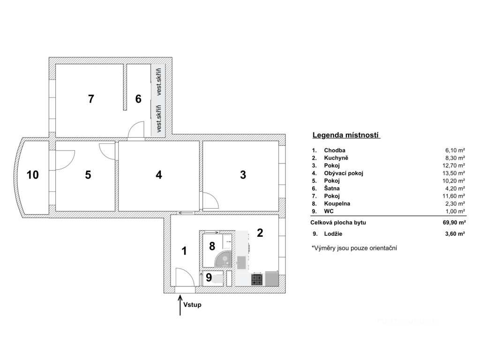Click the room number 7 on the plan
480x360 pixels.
[91, 99]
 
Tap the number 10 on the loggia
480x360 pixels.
[33, 175]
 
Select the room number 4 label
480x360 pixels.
[158, 175]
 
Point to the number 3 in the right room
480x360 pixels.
[243, 175]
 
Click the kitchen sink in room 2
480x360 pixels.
[241, 262]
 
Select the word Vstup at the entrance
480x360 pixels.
[192, 305]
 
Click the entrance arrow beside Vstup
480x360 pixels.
[180, 305]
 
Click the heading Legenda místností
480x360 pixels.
[345, 135]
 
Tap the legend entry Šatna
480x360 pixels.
[332, 188]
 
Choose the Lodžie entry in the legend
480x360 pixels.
[333, 234]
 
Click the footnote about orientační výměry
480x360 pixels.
[354, 248]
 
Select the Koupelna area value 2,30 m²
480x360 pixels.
[455, 204]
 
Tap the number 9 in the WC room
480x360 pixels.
[209, 277]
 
